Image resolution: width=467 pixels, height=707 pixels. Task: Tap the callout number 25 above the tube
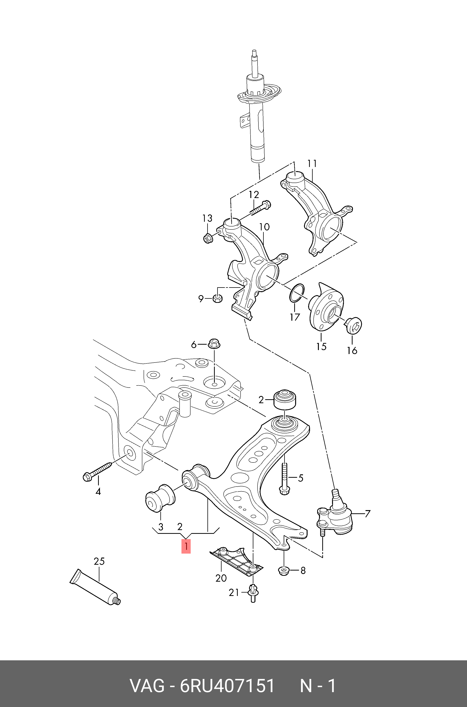tap(99, 561)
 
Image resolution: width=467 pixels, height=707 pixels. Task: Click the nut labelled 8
tap(284, 571)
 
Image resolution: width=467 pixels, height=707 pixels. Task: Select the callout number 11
tap(312, 164)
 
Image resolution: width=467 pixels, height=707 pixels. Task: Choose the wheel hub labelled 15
tap(325, 310)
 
